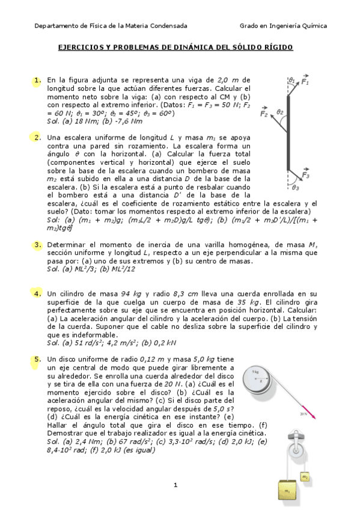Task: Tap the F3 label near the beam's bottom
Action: (x=305, y=175)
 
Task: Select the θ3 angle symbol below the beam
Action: (x=295, y=187)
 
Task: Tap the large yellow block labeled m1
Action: (x=288, y=489)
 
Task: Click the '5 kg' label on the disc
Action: (x=255, y=373)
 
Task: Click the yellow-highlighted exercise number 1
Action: (x=37, y=79)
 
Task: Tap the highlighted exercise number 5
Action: (x=37, y=359)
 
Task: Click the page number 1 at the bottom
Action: (x=175, y=485)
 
